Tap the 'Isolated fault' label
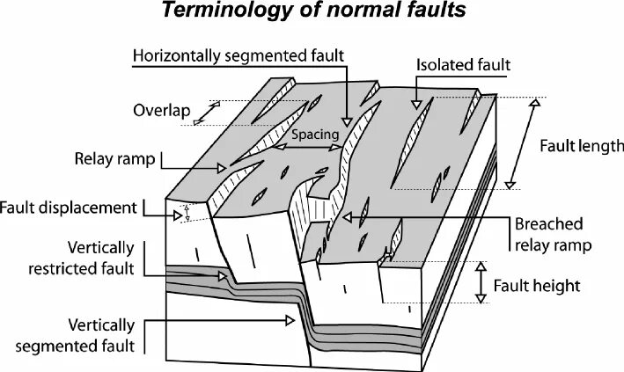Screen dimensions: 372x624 pyautogui.click(x=464, y=65)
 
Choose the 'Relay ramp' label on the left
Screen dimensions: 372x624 pyautogui.click(x=115, y=159)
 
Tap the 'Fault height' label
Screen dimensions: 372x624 pyautogui.click(x=536, y=285)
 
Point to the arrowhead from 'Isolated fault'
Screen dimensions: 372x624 pyautogui.click(x=414, y=105)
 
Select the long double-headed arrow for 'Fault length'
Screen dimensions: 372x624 pyautogui.click(x=521, y=144)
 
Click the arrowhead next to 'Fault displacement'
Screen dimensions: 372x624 pyautogui.click(x=177, y=208)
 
